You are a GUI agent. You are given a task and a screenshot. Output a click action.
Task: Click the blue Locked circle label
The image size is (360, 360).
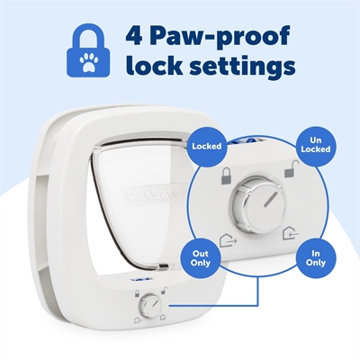click(209, 144)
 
